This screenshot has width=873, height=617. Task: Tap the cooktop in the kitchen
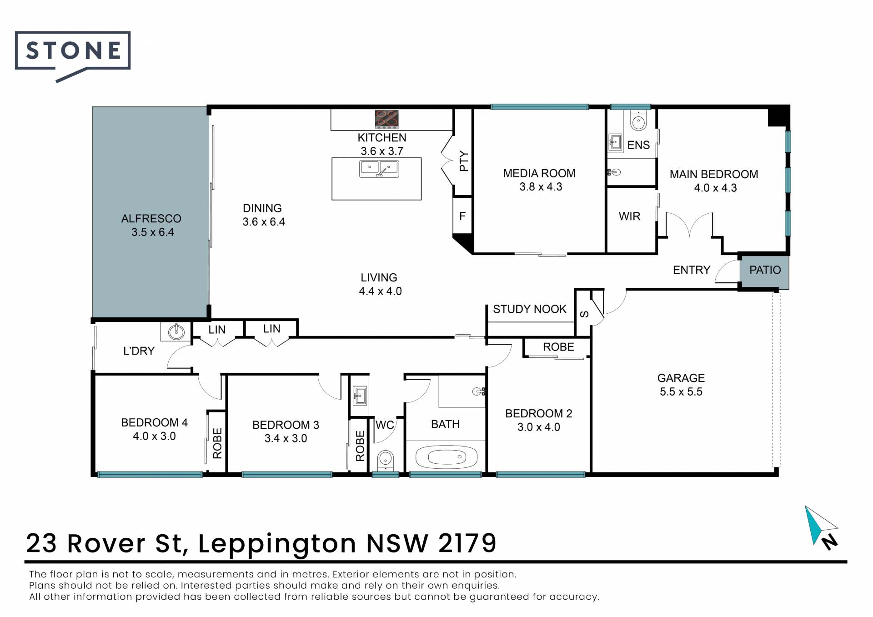(x=386, y=119)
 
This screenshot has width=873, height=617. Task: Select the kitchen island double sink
(x=379, y=169)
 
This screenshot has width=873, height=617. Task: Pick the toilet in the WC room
(x=385, y=460)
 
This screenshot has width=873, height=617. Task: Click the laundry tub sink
(x=176, y=331)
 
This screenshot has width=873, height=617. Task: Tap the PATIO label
(x=765, y=270)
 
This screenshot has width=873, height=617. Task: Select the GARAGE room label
(x=681, y=378)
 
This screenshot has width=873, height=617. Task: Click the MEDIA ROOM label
(x=539, y=173)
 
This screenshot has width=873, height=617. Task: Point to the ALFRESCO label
(x=151, y=219)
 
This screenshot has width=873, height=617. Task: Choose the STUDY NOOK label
(x=530, y=309)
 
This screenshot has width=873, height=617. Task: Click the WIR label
(x=629, y=216)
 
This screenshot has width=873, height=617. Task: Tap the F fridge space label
(x=462, y=216)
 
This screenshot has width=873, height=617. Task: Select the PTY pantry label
(x=463, y=161)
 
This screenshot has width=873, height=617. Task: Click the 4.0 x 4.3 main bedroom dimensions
(x=715, y=188)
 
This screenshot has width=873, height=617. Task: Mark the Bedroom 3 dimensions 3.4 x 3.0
(x=286, y=438)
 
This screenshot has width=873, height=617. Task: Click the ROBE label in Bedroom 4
(x=217, y=443)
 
